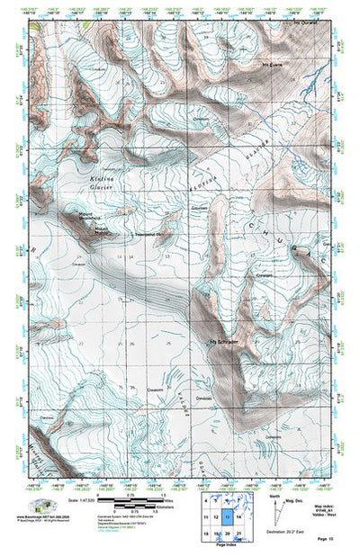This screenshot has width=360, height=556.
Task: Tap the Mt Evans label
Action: tap(272, 65)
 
